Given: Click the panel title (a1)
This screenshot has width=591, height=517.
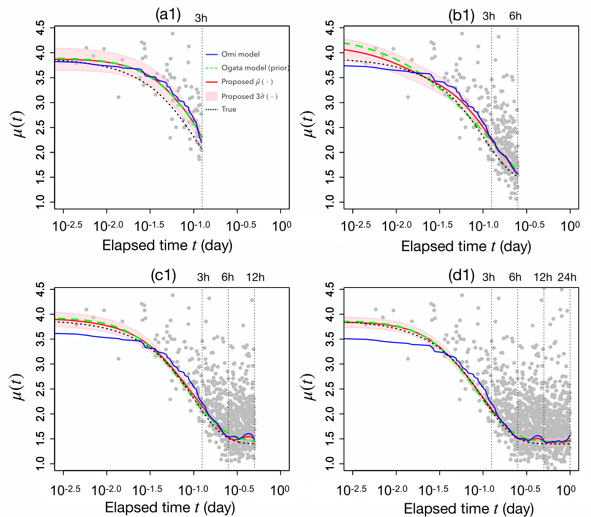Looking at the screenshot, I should point(168,15).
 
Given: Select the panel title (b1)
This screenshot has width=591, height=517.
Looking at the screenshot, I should point(461,16).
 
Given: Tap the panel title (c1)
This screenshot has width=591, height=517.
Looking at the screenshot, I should point(163,276).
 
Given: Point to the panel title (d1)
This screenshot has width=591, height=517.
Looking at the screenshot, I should point(461,276).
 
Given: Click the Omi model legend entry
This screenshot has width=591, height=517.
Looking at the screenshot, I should point(240,54).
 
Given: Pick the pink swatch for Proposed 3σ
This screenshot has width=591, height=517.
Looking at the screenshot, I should point(211,97).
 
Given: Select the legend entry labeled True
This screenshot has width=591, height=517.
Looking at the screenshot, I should point(229,110).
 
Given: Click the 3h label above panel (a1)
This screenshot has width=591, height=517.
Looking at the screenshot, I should point(201,18).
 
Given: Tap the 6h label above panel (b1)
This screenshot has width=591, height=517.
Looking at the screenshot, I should point(515,16).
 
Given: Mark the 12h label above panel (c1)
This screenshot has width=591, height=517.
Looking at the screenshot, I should point(255,277).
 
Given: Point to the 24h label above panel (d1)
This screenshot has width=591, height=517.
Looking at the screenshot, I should point(567,277).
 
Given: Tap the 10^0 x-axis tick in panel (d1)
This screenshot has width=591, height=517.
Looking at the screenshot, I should point(569,489).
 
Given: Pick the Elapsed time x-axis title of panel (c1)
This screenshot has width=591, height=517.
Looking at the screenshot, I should point(170,508).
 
